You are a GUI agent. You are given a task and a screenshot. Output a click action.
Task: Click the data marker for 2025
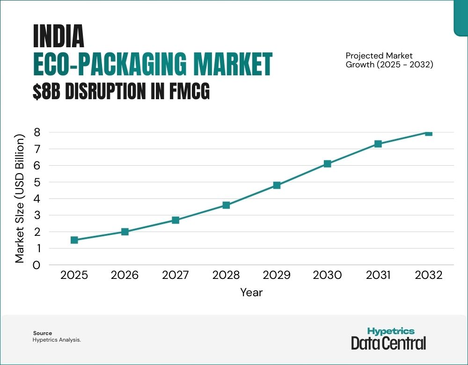74,240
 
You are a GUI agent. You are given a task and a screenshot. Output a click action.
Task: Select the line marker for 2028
226,205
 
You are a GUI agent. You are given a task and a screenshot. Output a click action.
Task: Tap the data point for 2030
327,164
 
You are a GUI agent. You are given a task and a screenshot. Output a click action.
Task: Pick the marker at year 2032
428,132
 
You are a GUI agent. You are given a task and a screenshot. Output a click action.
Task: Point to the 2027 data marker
175,220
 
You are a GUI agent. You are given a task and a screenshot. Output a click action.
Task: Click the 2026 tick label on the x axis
124,275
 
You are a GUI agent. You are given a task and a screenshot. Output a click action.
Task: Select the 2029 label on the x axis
277,275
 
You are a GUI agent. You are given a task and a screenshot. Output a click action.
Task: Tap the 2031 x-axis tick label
378,275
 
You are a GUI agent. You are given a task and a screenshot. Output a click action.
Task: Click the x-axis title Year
251,292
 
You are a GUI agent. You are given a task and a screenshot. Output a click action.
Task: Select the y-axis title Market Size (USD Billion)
20,199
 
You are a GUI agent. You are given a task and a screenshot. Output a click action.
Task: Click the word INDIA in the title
58,36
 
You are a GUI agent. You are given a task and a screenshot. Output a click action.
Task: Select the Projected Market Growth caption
389,60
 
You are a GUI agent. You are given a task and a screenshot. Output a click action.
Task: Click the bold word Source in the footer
42,333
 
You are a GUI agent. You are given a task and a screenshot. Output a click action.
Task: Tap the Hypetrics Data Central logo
388,338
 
